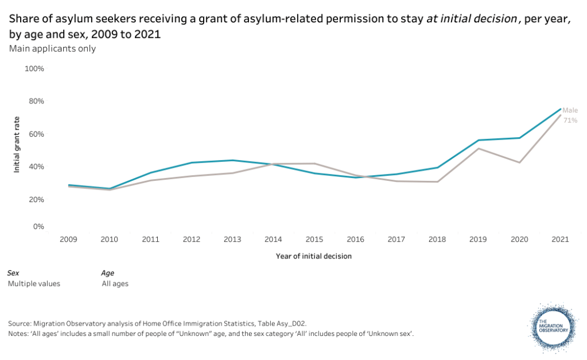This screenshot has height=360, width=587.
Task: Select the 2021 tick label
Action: pos(560,239)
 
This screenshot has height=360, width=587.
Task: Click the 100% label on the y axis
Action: pos(34,68)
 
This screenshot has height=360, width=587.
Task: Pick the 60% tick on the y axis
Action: pos(37,134)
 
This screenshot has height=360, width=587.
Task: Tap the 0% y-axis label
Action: pos(38,226)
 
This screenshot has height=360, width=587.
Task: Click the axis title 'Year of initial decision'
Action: pos(313,256)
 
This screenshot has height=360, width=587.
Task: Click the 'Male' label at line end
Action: pos(570,110)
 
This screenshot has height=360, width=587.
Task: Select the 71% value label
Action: pos(570,121)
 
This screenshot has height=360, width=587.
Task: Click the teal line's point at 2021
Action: pos(560,109)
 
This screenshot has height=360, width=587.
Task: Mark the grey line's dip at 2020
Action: pos(520,162)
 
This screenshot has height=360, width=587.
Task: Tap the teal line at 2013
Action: pos(232,160)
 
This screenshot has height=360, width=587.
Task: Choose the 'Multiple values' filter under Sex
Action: pos(34,283)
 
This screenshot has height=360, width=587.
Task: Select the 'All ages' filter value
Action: pos(115,283)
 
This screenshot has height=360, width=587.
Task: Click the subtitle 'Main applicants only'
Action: pos(52,48)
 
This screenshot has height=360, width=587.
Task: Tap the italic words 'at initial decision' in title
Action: pos(471,20)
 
